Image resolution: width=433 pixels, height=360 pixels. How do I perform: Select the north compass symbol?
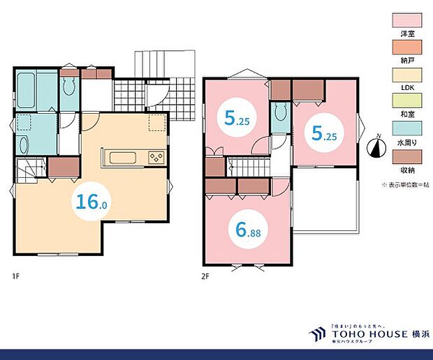tap(376, 148)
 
